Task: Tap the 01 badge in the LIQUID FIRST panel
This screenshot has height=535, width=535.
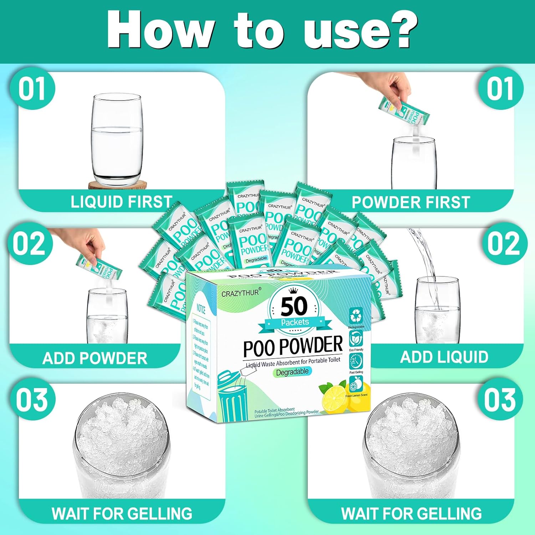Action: pos(32,89)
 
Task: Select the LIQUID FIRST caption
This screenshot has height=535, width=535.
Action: pos(121,202)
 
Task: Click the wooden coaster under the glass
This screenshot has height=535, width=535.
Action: pos(118,185)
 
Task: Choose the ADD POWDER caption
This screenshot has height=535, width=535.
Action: pos(95,358)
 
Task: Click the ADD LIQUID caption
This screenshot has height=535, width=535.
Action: pos(444,357)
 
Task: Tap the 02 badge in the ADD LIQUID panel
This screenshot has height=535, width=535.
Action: pos(503,244)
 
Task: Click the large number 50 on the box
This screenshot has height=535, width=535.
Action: pos(294,306)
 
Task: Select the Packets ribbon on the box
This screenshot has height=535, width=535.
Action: pos(295,322)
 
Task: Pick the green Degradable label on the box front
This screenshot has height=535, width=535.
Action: pos(292,372)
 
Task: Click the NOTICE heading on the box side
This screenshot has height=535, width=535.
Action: pos(201,308)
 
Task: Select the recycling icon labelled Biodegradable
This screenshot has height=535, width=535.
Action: pos(356,316)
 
